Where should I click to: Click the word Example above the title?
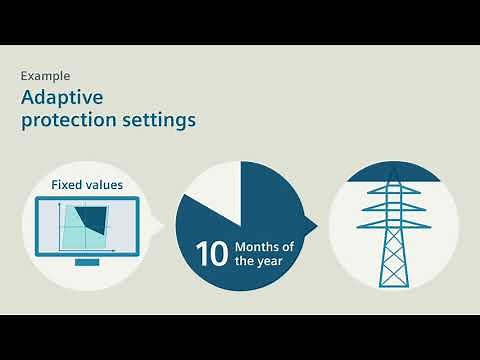point(45,75)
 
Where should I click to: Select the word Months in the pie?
point(258,246)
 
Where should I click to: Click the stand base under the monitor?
point(88,262)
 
